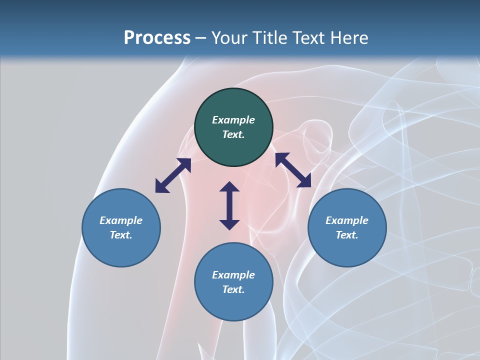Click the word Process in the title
[x=157, y=38]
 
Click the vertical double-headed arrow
[x=229, y=206]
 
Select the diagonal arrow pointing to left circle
[x=173, y=175]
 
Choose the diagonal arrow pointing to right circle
[x=293, y=170]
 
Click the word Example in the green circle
[x=233, y=120]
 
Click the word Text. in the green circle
[x=233, y=134]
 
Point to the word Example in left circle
[x=121, y=220]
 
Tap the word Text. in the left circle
[x=121, y=235]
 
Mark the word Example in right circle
[x=347, y=220]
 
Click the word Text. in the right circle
[x=347, y=235]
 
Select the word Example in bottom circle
[x=233, y=275]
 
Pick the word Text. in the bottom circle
[x=233, y=289]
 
